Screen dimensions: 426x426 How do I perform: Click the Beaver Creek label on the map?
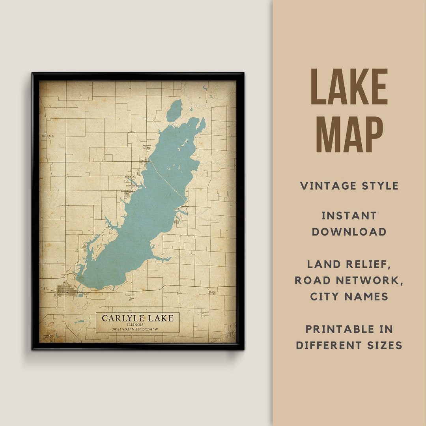(48, 136)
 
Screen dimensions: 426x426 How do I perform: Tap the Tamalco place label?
(131, 133)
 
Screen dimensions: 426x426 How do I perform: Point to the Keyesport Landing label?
(147, 147)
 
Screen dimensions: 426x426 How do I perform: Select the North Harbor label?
(131, 177)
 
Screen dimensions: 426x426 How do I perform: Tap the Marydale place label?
(65, 206)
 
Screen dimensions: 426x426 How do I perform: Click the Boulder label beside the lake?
(185, 206)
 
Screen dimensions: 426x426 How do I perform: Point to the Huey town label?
(132, 298)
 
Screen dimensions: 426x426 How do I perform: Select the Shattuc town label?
(213, 292)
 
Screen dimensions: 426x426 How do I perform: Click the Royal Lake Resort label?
(48, 337)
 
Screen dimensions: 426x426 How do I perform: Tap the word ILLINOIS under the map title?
(138, 325)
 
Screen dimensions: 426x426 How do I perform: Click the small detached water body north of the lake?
(174, 111)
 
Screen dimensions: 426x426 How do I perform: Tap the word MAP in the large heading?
(349, 134)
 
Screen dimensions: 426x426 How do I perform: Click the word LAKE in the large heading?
(349, 87)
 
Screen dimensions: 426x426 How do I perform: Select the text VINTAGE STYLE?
(349, 186)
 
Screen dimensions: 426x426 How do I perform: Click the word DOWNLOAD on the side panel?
(349, 232)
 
